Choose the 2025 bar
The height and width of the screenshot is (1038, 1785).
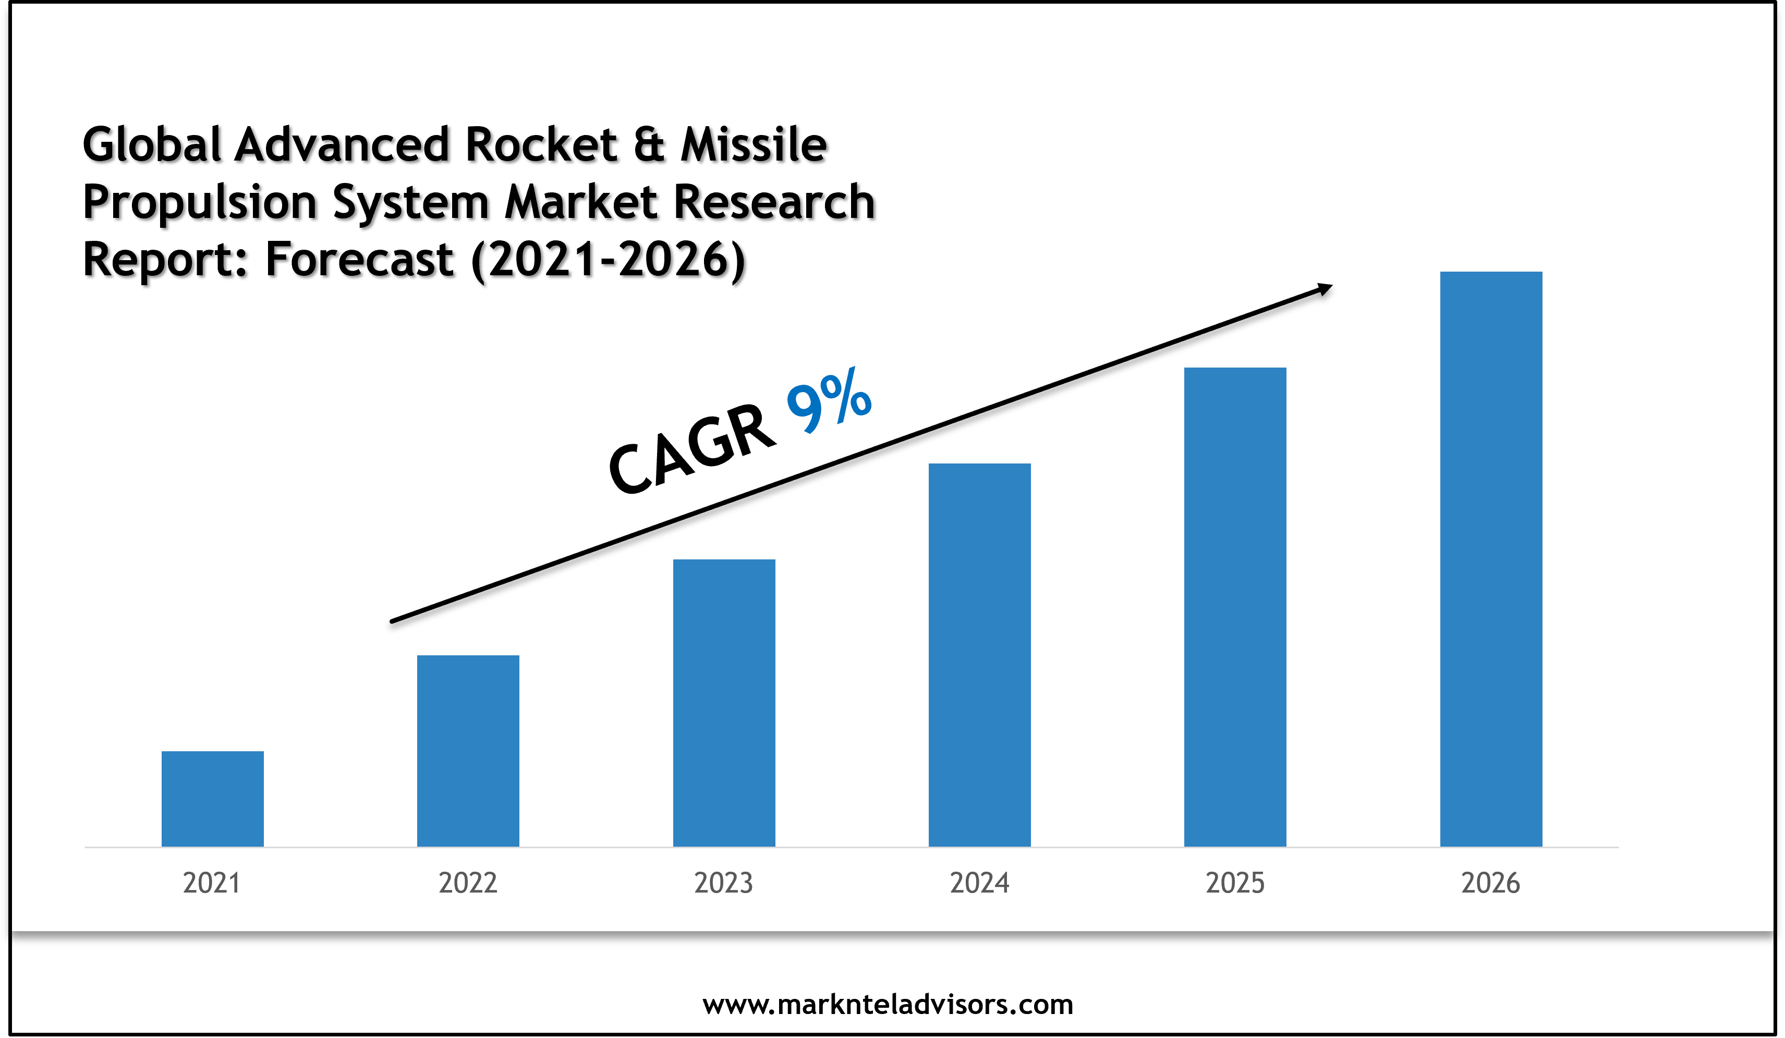(1235, 607)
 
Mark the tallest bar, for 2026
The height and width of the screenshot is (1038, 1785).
(1491, 559)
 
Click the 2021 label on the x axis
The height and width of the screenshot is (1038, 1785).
(211, 883)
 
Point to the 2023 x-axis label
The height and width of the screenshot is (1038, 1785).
(723, 883)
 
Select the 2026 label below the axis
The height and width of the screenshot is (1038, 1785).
(1490, 883)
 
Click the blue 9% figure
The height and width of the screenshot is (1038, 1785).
(829, 399)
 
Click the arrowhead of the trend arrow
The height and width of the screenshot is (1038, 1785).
(1323, 289)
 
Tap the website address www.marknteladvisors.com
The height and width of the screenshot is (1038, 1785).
(888, 1004)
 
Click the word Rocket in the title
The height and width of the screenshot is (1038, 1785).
(542, 144)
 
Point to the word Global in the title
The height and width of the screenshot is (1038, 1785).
(152, 144)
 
